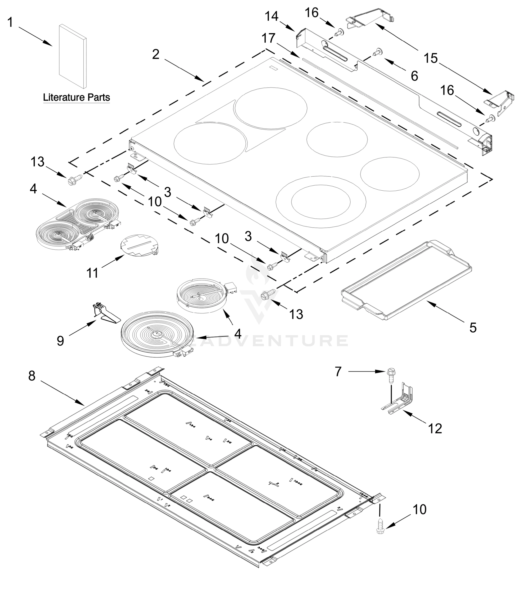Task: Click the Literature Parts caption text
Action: pos(76,97)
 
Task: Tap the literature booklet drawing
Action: pos(73,56)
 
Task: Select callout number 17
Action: pos(269,38)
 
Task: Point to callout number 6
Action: pos(414,76)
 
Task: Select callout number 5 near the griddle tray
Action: pos(473,328)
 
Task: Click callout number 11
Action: pos(92,273)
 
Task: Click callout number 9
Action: pos(60,341)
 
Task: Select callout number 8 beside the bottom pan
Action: pos(32,376)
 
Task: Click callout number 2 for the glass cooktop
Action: pos(155,54)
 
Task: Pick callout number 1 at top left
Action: pos(10,22)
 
